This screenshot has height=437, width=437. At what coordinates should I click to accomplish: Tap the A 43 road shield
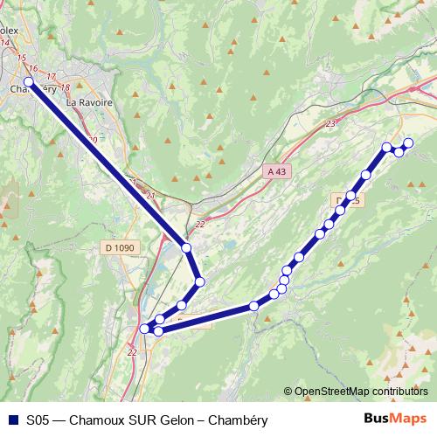coord(275,172)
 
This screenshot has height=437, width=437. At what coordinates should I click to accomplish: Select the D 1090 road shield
coord(121,248)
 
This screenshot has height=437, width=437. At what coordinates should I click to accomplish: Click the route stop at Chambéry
coord(28,82)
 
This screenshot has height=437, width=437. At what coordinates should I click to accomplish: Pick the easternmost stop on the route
coord(408,142)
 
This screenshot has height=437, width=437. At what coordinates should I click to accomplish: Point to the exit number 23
coord(329,125)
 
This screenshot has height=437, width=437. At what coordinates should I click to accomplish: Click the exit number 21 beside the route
coord(150,195)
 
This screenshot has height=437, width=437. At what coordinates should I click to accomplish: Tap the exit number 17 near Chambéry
coord(51,77)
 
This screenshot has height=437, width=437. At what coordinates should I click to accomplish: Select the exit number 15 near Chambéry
coord(21,58)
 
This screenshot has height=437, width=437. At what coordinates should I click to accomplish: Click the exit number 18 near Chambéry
coord(65,87)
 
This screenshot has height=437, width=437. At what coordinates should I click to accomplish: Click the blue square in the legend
coord(12,419)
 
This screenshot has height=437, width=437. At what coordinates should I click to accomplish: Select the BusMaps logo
coord(395,418)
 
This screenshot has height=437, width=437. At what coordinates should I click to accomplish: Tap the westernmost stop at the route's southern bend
coord(145,329)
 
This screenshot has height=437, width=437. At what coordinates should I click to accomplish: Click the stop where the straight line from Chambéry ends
coord(186,248)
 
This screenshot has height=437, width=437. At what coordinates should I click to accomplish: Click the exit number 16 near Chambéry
coord(32,68)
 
